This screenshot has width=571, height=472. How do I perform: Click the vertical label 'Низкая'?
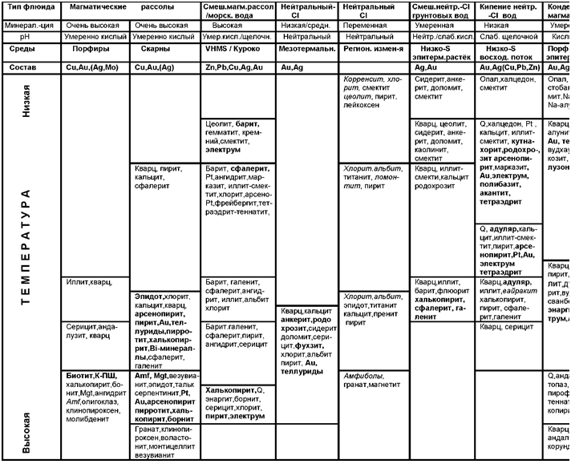[26, 101]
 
